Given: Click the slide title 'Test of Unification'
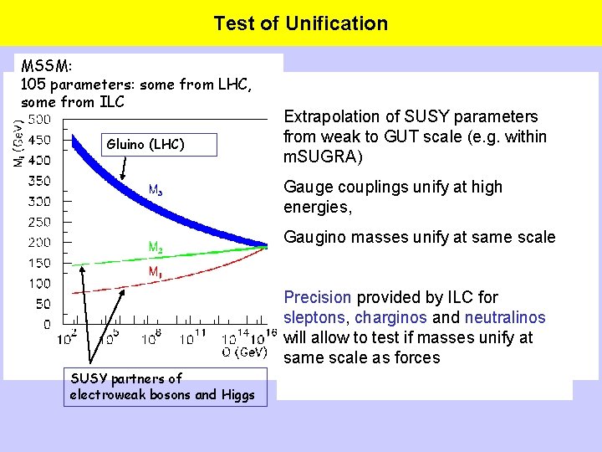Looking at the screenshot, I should click(x=300, y=23).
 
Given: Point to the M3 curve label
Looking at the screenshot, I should click(x=156, y=190).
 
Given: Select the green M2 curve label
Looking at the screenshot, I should click(x=156, y=247).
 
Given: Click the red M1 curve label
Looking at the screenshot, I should click(x=156, y=272).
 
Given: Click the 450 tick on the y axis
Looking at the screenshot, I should click(x=39, y=140).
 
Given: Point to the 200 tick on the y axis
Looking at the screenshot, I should click(x=39, y=242).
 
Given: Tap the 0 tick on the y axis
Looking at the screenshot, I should click(x=47, y=324).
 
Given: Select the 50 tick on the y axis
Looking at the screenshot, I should click(x=43, y=304).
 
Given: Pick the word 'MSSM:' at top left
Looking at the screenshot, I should click(x=47, y=66).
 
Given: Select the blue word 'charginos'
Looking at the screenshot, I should click(x=389, y=317).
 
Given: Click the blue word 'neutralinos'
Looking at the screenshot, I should click(x=505, y=317).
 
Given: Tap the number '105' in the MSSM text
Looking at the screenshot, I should click(x=34, y=85).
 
